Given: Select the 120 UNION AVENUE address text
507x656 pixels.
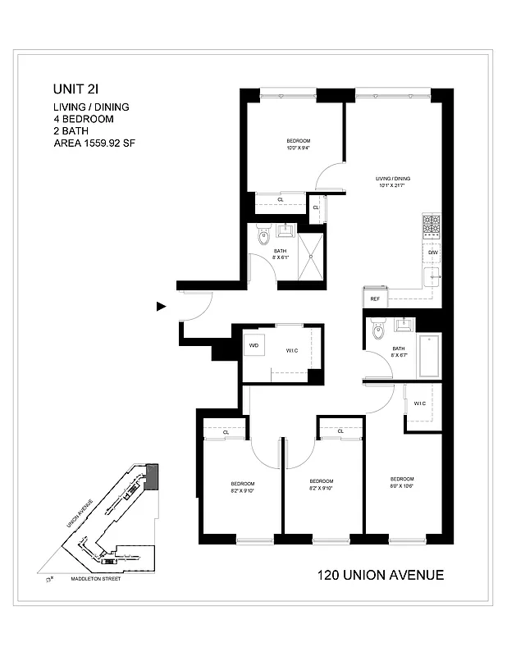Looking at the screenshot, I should click(x=380, y=575).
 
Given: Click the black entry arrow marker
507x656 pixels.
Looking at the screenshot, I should click(x=162, y=307).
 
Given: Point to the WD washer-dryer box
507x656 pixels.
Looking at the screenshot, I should click(x=253, y=345).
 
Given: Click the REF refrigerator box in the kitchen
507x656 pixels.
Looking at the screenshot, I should click(x=374, y=299).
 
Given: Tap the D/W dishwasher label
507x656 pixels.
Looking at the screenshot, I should click(x=432, y=253).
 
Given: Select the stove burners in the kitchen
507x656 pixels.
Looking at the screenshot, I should click(x=432, y=224).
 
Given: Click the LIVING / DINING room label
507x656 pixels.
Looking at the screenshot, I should click(x=392, y=181).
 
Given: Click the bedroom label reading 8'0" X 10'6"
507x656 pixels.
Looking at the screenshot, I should click(x=401, y=482).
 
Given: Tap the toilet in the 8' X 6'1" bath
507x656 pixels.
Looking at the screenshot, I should click(x=263, y=237).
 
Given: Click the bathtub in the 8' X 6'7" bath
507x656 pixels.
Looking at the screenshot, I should click(x=429, y=355).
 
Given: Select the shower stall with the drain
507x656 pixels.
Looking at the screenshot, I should click(x=311, y=255).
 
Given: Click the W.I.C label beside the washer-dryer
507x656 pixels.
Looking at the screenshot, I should click(x=291, y=351).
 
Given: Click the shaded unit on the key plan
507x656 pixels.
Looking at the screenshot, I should click(x=150, y=476).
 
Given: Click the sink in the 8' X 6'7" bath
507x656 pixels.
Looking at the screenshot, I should click(x=404, y=326).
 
